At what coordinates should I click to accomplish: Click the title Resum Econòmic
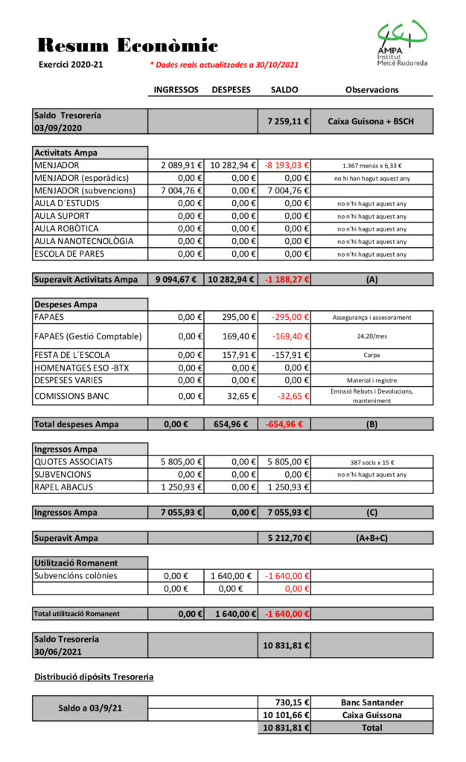point(127,45)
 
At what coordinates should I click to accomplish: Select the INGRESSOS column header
point(176,89)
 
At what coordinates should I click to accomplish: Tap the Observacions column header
point(371,89)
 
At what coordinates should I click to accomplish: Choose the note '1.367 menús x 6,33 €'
point(371,166)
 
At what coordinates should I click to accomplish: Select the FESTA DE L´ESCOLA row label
point(72,355)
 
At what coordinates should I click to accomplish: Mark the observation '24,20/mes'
point(371,336)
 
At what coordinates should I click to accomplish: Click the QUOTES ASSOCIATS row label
point(74,461)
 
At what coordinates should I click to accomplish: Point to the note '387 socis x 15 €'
point(371,462)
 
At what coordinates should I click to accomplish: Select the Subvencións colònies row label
point(76,575)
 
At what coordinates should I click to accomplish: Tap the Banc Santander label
point(371,702)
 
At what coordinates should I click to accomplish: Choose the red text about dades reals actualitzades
point(224,65)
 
